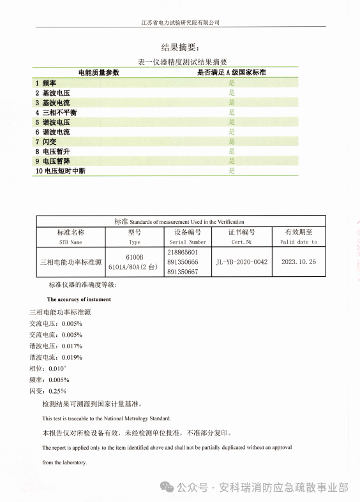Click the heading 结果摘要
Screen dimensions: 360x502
pyautogui.click(x=180, y=47)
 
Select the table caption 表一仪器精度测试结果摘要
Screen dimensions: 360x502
pyautogui.click(x=182, y=62)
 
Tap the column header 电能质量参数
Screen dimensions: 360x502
pyautogui.click(x=98, y=73)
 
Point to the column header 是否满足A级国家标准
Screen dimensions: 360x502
pyautogui.click(x=231, y=73)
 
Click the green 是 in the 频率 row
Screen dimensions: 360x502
pyautogui.click(x=232, y=83)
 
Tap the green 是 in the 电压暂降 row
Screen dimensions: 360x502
pyautogui.click(x=232, y=161)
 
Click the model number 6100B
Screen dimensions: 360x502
pyautogui.click(x=134, y=255)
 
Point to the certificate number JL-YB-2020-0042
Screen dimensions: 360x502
pyautogui.click(x=242, y=262)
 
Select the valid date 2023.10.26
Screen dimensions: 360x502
pyautogui.click(x=298, y=262)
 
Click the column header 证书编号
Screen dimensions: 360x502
pyautogui.click(x=242, y=232)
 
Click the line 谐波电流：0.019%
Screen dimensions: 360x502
pyautogui.click(x=56, y=357)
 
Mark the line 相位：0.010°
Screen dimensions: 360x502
pyautogui.click(x=48, y=369)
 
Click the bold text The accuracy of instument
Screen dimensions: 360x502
pyautogui.click(x=79, y=299)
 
